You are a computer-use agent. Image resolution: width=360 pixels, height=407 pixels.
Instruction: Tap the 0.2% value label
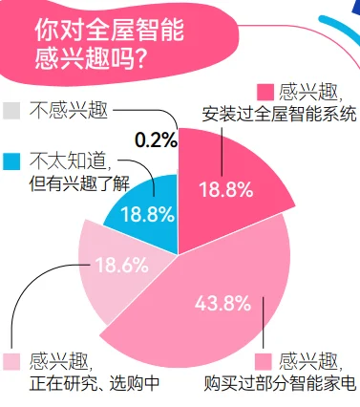[156, 140]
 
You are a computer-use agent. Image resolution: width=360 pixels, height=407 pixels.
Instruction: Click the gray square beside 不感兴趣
[11, 108]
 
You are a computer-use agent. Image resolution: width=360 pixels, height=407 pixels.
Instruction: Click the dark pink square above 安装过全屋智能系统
[265, 93]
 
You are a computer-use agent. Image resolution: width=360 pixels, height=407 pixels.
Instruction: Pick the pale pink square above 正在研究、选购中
[11, 360]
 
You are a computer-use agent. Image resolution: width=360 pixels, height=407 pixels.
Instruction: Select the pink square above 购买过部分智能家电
[265, 360]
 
